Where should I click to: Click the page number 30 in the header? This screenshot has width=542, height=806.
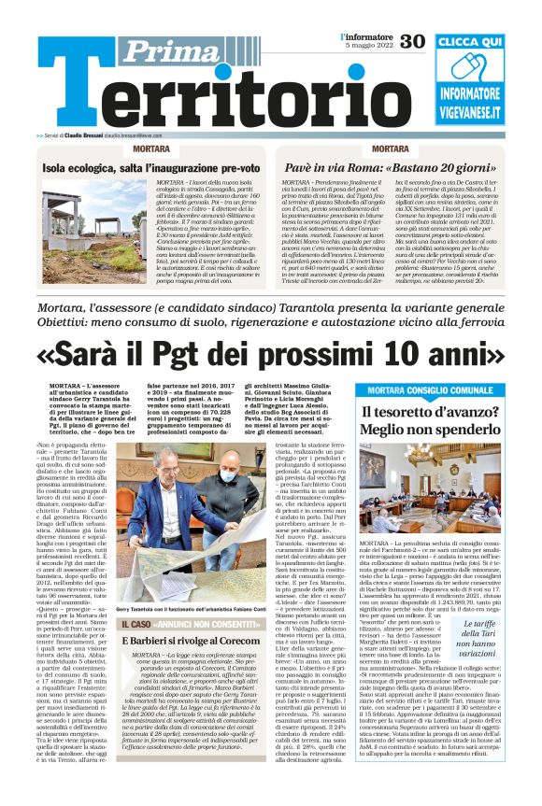coord(412,40)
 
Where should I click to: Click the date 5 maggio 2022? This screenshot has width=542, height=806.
coord(366,46)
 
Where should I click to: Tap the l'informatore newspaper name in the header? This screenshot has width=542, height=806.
coord(366,36)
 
